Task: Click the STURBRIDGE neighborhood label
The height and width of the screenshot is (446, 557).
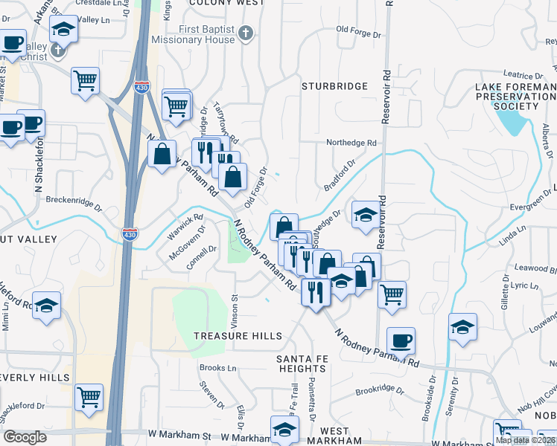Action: pos(334,86)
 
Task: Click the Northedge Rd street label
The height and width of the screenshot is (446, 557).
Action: pos(352,143)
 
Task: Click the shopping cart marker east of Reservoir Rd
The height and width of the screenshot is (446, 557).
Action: pos(392,294)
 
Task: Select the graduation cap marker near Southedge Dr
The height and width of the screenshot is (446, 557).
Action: pos(365,214)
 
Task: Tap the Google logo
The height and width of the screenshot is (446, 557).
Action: pos(25,437)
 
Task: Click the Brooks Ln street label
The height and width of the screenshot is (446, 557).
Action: pos(217,368)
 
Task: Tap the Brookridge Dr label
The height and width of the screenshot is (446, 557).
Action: pos(379,390)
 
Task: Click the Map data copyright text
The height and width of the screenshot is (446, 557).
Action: pos(526,440)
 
